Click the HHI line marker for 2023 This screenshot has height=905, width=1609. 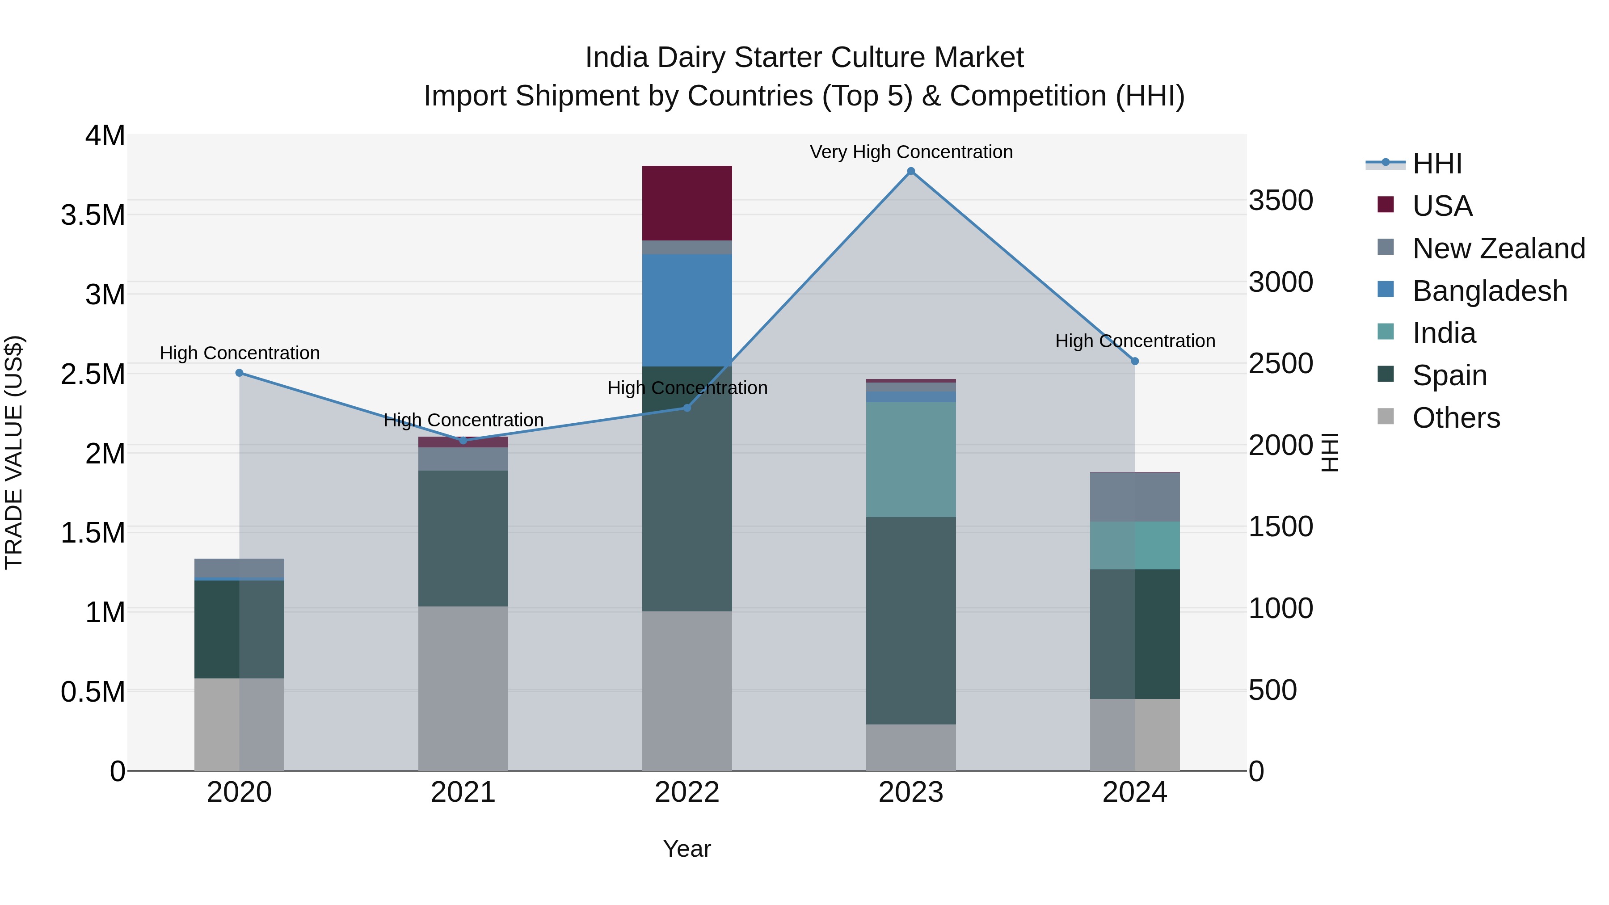911,171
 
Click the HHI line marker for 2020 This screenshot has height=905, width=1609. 239,373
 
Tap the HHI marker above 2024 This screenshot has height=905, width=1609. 1135,361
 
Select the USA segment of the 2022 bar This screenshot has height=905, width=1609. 687,203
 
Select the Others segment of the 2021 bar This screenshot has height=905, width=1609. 463,688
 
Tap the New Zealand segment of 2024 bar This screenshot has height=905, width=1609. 1135,497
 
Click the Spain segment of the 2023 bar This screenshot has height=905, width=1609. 911,620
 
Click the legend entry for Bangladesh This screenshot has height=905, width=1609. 1489,291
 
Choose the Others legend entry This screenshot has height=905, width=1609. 1455,418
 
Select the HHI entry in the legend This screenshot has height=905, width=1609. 1436,164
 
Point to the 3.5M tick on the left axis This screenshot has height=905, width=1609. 93,215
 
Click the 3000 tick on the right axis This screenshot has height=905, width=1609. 1280,282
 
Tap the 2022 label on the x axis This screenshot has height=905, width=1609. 687,792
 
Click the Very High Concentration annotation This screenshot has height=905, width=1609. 911,152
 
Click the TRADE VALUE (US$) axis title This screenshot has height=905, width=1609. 14,452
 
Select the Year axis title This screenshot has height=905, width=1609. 687,849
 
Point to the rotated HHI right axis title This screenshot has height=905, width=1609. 1331,452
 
